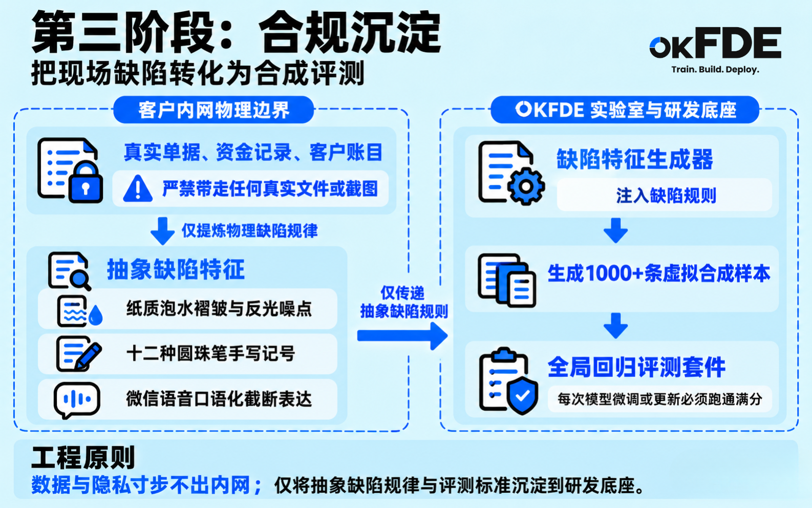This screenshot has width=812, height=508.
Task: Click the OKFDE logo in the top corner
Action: click(x=715, y=43)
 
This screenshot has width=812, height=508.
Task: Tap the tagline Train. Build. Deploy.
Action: click(x=715, y=69)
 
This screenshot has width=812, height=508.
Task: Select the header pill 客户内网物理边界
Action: click(x=213, y=110)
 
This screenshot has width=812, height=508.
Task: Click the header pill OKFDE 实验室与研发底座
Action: click(x=625, y=110)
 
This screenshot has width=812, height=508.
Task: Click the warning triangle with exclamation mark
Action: click(x=138, y=188)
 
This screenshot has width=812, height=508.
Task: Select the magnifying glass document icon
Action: click(x=69, y=271)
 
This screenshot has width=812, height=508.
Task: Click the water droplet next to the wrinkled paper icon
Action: click(x=96, y=315)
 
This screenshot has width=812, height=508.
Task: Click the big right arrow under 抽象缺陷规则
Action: click(x=402, y=336)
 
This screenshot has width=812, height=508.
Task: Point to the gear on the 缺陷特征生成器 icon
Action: click(x=526, y=186)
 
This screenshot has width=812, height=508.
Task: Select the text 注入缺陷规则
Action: click(x=666, y=196)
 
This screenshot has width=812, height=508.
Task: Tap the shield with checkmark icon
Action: click(x=522, y=395)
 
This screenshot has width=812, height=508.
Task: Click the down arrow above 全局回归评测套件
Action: click(x=615, y=326)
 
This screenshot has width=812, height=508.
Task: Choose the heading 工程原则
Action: click(x=83, y=458)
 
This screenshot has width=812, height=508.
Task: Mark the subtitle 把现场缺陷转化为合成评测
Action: click(x=198, y=74)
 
